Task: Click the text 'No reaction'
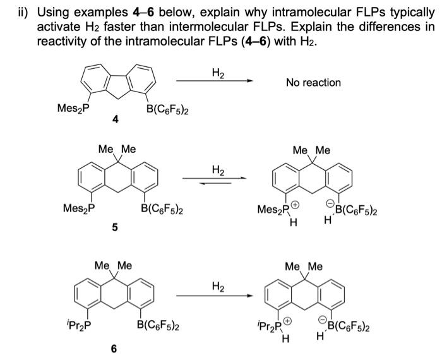[313, 83]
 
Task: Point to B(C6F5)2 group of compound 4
[169, 110]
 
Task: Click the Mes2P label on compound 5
[78, 208]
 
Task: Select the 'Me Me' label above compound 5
[117, 149]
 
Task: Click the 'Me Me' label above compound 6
[113, 266]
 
